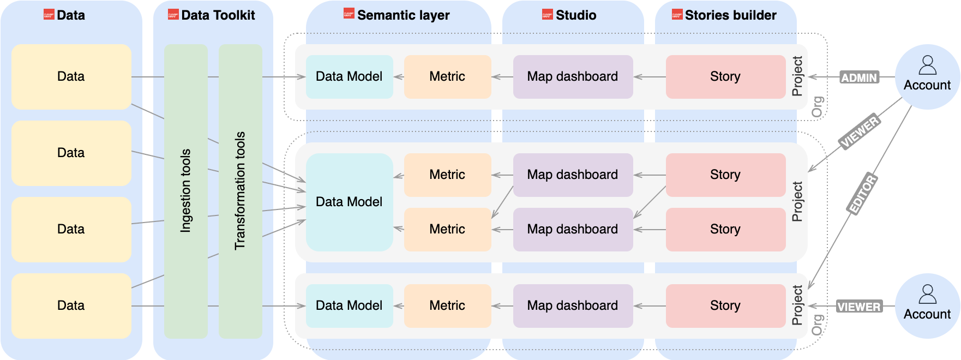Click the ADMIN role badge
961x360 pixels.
[x=859, y=77]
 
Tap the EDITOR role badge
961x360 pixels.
[x=862, y=194]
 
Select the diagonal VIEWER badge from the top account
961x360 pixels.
[x=860, y=132]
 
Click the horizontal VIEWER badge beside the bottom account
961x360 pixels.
[x=859, y=307]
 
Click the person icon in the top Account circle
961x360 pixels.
[x=927, y=65]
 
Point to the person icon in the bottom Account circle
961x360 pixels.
[x=927, y=294]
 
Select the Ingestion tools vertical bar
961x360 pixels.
[x=186, y=191]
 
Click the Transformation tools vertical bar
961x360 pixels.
[x=241, y=191]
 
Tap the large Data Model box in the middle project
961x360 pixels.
[x=349, y=202]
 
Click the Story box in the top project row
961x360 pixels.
[x=725, y=77]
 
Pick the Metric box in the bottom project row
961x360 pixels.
[x=447, y=306]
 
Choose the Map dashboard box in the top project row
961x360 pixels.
[x=573, y=77]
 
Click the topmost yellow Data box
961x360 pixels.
[x=71, y=77]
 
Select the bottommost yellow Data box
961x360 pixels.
[x=71, y=306]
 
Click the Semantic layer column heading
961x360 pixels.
[x=403, y=15]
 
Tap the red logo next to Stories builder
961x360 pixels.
[x=677, y=15]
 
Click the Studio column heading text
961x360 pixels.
[x=576, y=15]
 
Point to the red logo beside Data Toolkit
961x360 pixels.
[x=173, y=15]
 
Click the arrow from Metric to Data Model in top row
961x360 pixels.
[x=399, y=77]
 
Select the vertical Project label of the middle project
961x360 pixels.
[x=797, y=202]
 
